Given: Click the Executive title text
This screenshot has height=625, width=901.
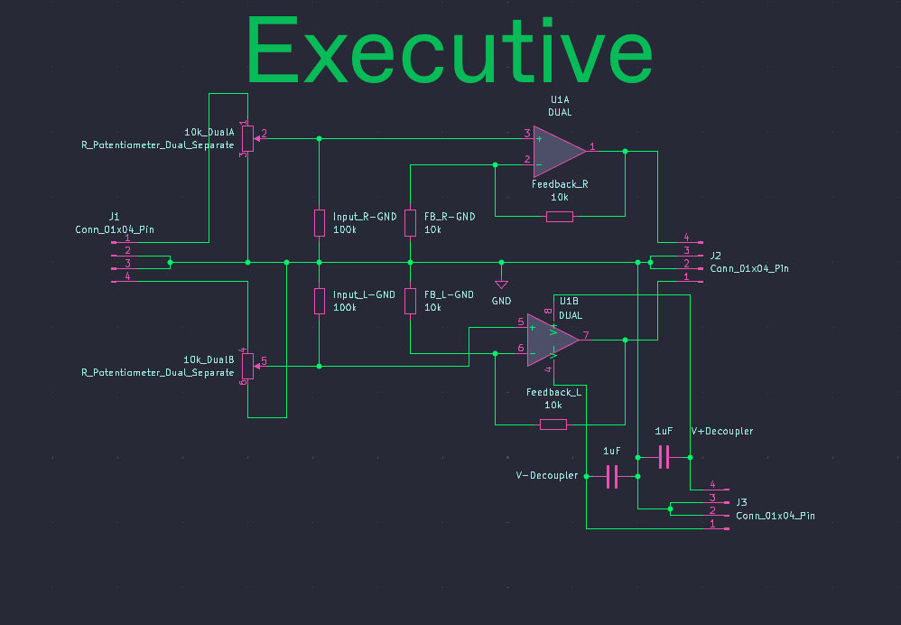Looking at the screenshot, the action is click(450, 50).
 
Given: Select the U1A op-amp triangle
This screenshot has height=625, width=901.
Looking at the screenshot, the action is click(559, 152).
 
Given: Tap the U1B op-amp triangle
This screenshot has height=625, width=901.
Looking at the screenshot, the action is click(553, 340).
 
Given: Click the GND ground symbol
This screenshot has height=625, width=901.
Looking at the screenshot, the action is click(501, 285).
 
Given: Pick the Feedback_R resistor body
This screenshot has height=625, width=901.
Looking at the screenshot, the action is click(559, 217).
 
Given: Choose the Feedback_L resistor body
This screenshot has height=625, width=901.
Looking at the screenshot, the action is click(553, 424).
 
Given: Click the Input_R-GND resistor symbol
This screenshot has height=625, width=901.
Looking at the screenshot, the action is click(320, 223).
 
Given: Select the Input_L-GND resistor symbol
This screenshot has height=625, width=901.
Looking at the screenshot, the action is click(320, 302).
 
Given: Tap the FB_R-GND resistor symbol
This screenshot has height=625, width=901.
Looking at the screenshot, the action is click(410, 223).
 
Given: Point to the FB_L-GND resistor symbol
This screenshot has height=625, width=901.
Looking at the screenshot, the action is click(410, 302).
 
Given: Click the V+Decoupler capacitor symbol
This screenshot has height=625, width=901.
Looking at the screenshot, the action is click(664, 457).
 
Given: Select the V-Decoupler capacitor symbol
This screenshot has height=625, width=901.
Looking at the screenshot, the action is click(612, 477).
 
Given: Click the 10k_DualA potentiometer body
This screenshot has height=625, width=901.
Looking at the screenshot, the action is click(247, 138).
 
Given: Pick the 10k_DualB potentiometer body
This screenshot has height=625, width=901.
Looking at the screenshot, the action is click(247, 367).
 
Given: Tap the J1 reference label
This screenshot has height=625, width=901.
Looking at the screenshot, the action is click(115, 217).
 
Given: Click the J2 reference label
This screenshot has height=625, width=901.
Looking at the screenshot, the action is click(715, 256).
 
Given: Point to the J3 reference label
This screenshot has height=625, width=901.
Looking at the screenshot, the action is click(742, 502).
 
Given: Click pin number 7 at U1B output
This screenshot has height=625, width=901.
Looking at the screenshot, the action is click(586, 335).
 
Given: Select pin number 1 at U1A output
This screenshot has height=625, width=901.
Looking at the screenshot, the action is click(592, 146).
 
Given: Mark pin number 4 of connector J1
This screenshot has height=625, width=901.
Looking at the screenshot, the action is click(127, 276).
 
